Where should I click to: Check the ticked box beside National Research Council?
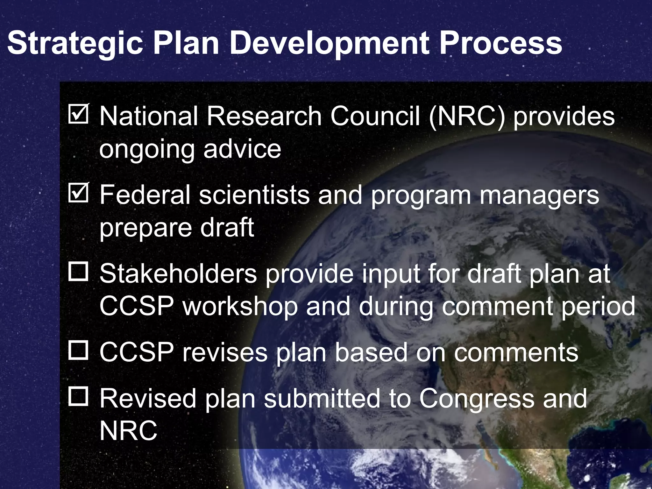[x=78, y=114]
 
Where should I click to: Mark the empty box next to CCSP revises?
[x=78, y=350]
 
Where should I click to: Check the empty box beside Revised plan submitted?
[x=78, y=397]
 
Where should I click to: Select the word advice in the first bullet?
[x=242, y=149]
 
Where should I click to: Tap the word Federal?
[x=145, y=195]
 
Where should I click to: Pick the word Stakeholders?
[x=178, y=273]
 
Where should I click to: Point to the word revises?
[x=225, y=352]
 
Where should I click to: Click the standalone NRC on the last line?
[x=128, y=430]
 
